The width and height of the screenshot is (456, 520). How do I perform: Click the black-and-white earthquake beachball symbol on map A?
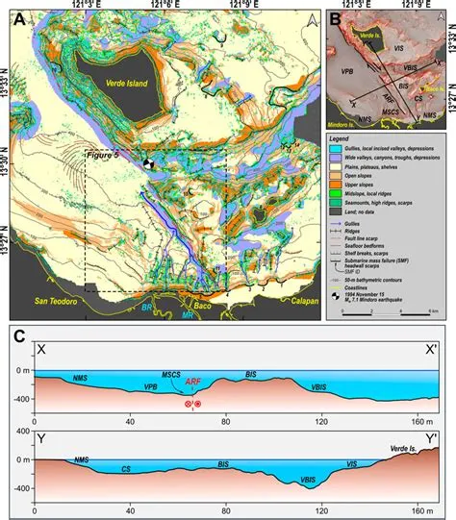click(146, 164)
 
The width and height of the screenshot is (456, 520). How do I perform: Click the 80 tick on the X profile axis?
click(225, 421)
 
